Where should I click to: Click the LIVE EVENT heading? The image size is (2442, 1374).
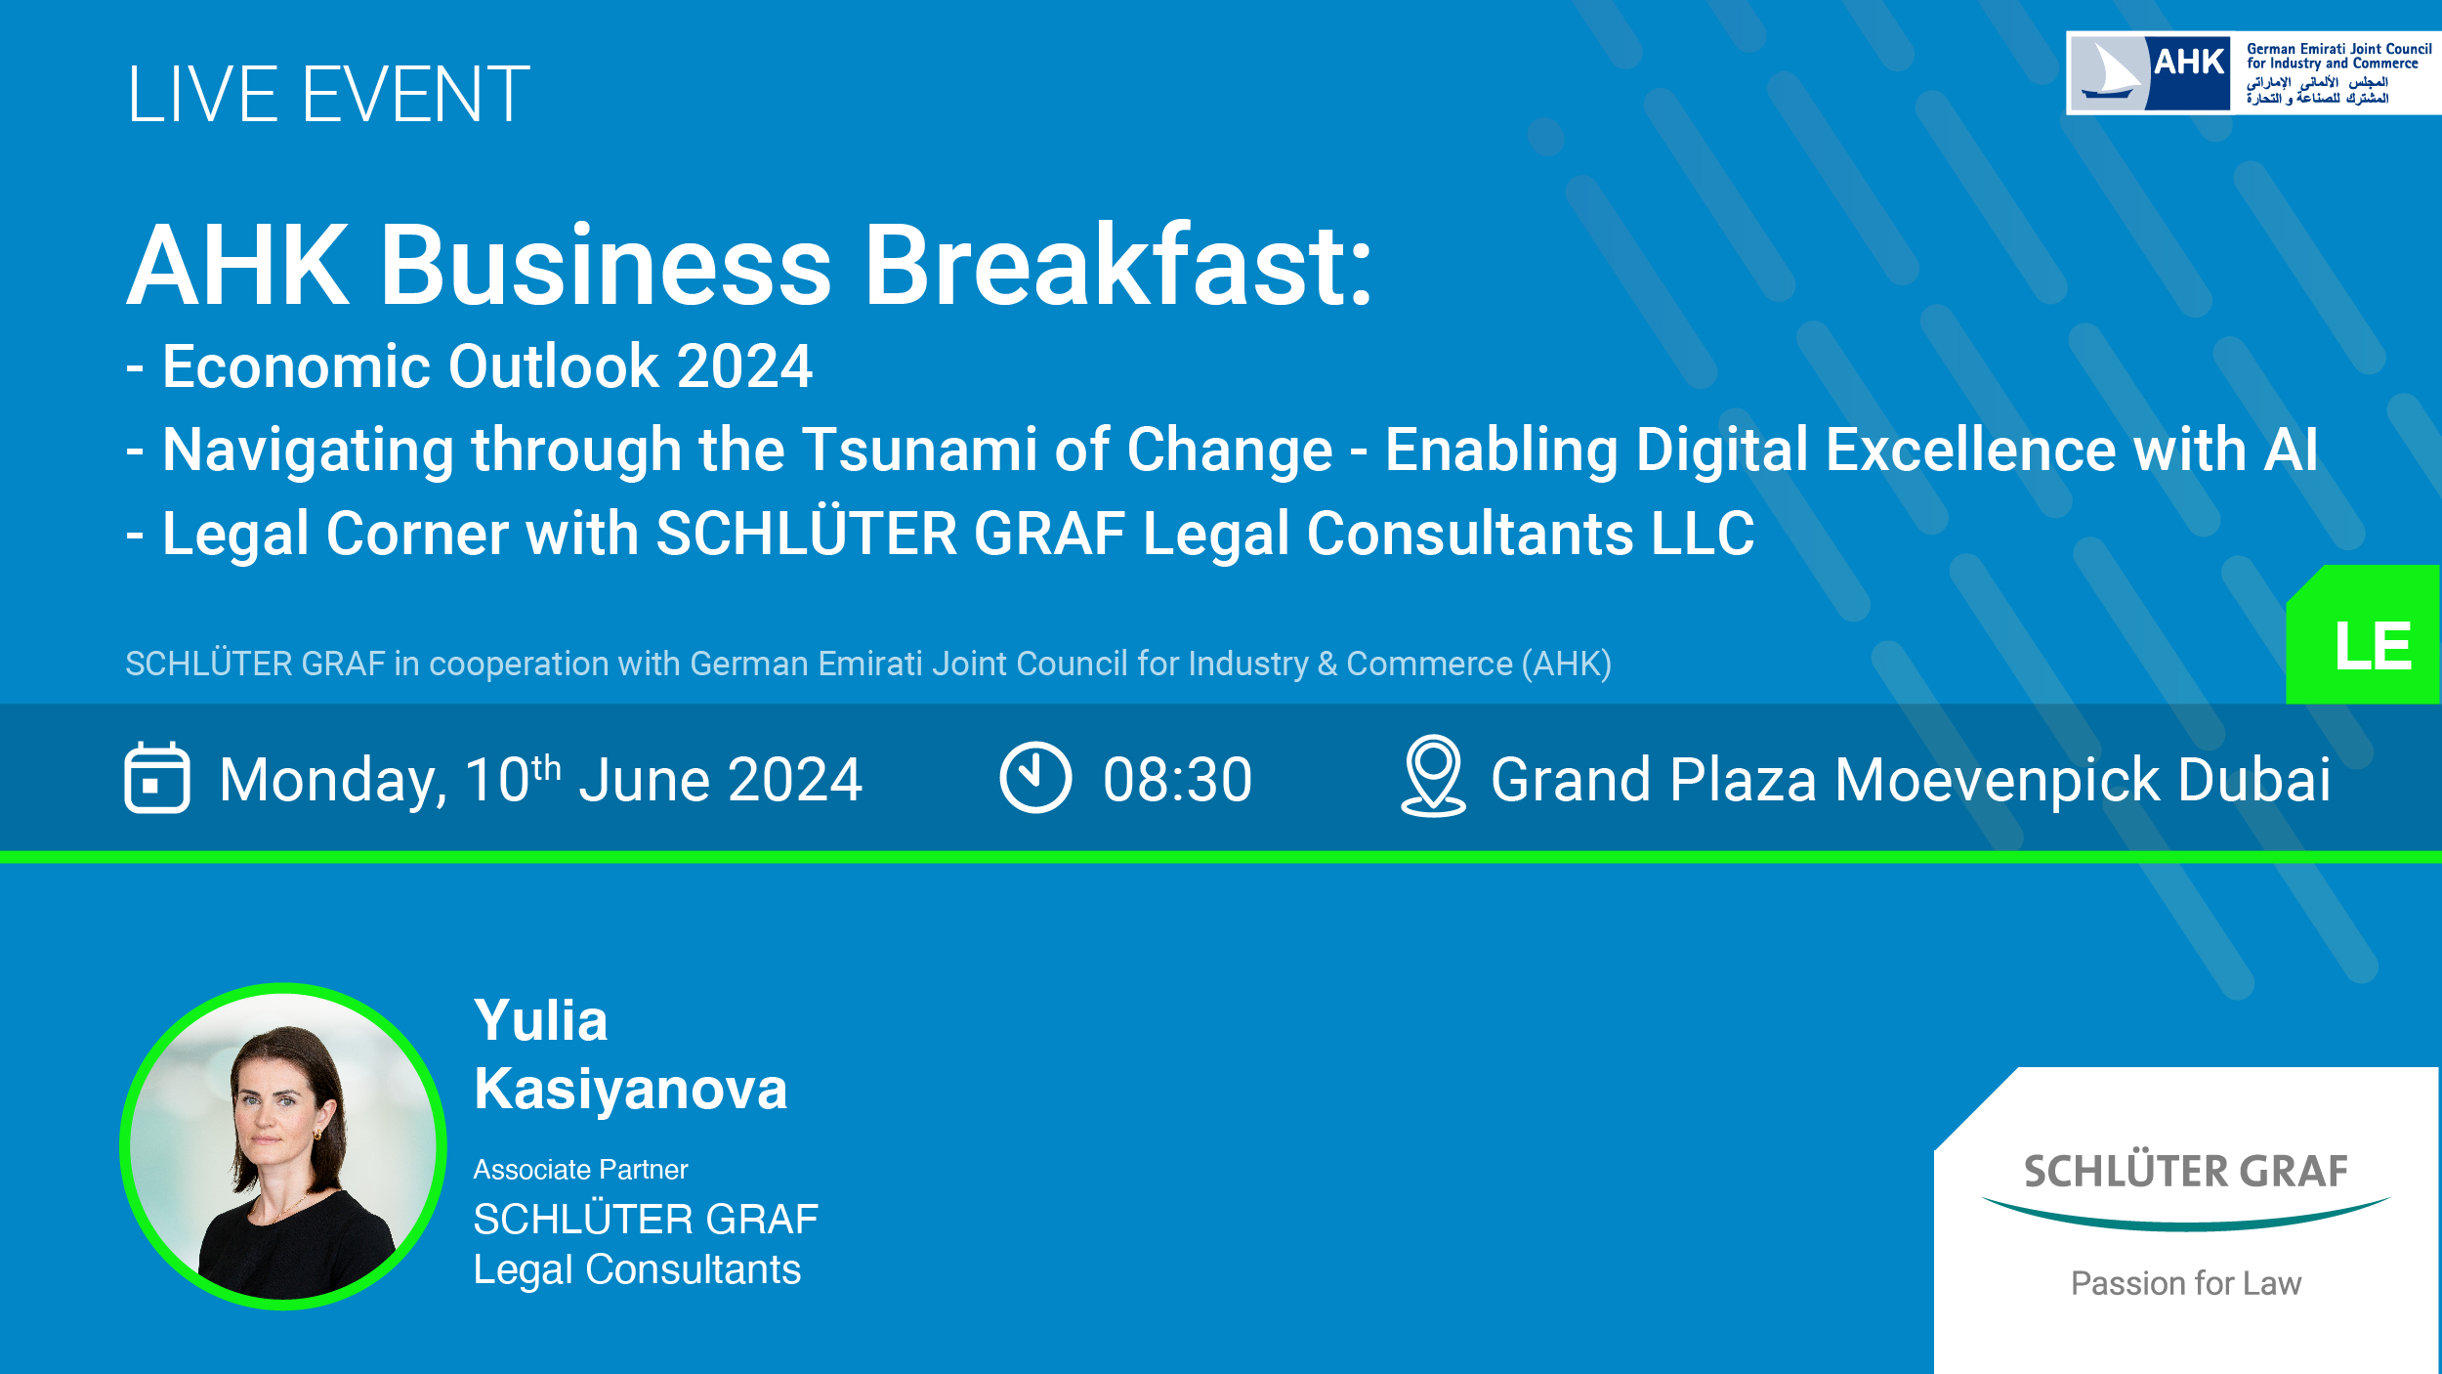click(x=328, y=95)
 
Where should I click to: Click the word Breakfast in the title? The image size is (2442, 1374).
click(x=1118, y=265)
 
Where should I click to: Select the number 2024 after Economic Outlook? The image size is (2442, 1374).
click(x=744, y=366)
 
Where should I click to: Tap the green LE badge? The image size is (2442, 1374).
click(x=2363, y=634)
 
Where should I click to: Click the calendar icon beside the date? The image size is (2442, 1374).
click(x=157, y=778)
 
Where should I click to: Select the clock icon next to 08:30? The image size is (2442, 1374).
click(x=1035, y=778)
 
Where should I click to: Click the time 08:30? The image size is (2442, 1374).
click(x=1177, y=780)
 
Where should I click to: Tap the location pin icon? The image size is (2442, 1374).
click(x=1433, y=776)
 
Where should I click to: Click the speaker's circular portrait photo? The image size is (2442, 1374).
click(x=283, y=1146)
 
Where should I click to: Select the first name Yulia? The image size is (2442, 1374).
click(x=540, y=1022)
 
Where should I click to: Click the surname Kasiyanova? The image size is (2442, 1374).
click(x=630, y=1090)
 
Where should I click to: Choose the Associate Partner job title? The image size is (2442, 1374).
click(x=580, y=1170)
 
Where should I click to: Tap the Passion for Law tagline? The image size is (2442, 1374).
click(x=2186, y=1283)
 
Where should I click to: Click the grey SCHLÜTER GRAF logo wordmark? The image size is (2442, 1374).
click(x=2185, y=1172)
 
